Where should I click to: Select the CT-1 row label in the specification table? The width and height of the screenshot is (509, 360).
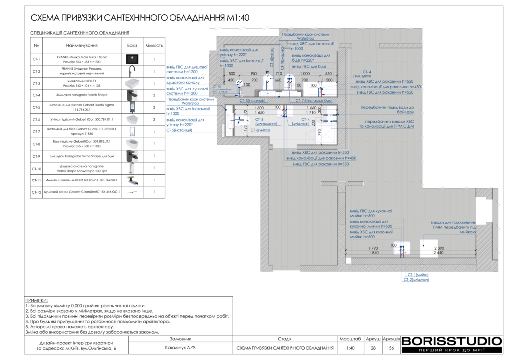36,59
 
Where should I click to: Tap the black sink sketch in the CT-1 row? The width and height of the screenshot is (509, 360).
132,59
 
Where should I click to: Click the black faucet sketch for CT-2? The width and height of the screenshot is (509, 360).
132,71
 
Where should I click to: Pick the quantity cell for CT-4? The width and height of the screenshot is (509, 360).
154,95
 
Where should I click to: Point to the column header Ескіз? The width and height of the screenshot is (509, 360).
132,45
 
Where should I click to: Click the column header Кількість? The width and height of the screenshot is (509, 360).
154,45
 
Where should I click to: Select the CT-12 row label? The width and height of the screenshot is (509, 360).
36,192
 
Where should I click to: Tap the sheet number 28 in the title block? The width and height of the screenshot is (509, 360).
373,348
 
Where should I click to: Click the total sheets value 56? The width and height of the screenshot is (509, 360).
391,348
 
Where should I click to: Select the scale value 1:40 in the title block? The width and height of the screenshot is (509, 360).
350,348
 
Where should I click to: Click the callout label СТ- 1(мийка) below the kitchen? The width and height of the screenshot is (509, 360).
418,275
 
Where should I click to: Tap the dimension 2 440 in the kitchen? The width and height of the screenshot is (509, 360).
439,253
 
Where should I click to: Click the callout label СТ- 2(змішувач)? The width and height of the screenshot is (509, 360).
416,280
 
